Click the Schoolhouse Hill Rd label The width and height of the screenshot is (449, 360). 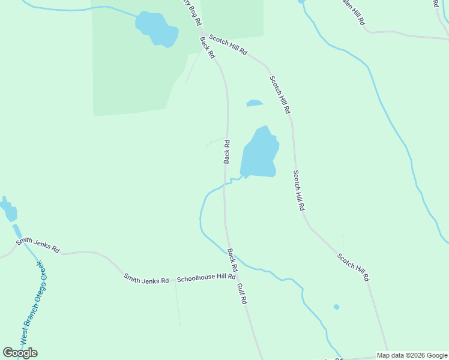[x=206, y=278]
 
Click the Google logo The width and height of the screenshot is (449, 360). [x=20, y=353]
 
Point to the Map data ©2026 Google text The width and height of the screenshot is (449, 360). [x=412, y=355]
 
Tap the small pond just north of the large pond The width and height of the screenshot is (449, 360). [x=255, y=103]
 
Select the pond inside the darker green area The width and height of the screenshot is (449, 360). [x=157, y=28]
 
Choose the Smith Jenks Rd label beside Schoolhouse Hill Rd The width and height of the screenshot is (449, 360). [x=146, y=278]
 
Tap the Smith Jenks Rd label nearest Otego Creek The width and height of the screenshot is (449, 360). [x=38, y=245]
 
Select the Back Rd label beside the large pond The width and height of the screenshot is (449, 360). [x=227, y=151]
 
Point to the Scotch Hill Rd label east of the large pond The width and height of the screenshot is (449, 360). [x=299, y=190]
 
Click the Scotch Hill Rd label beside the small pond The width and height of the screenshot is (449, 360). [x=280, y=95]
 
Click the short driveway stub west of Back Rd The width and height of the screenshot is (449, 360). [x=214, y=142]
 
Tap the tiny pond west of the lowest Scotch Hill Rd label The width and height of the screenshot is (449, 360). [x=336, y=307]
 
